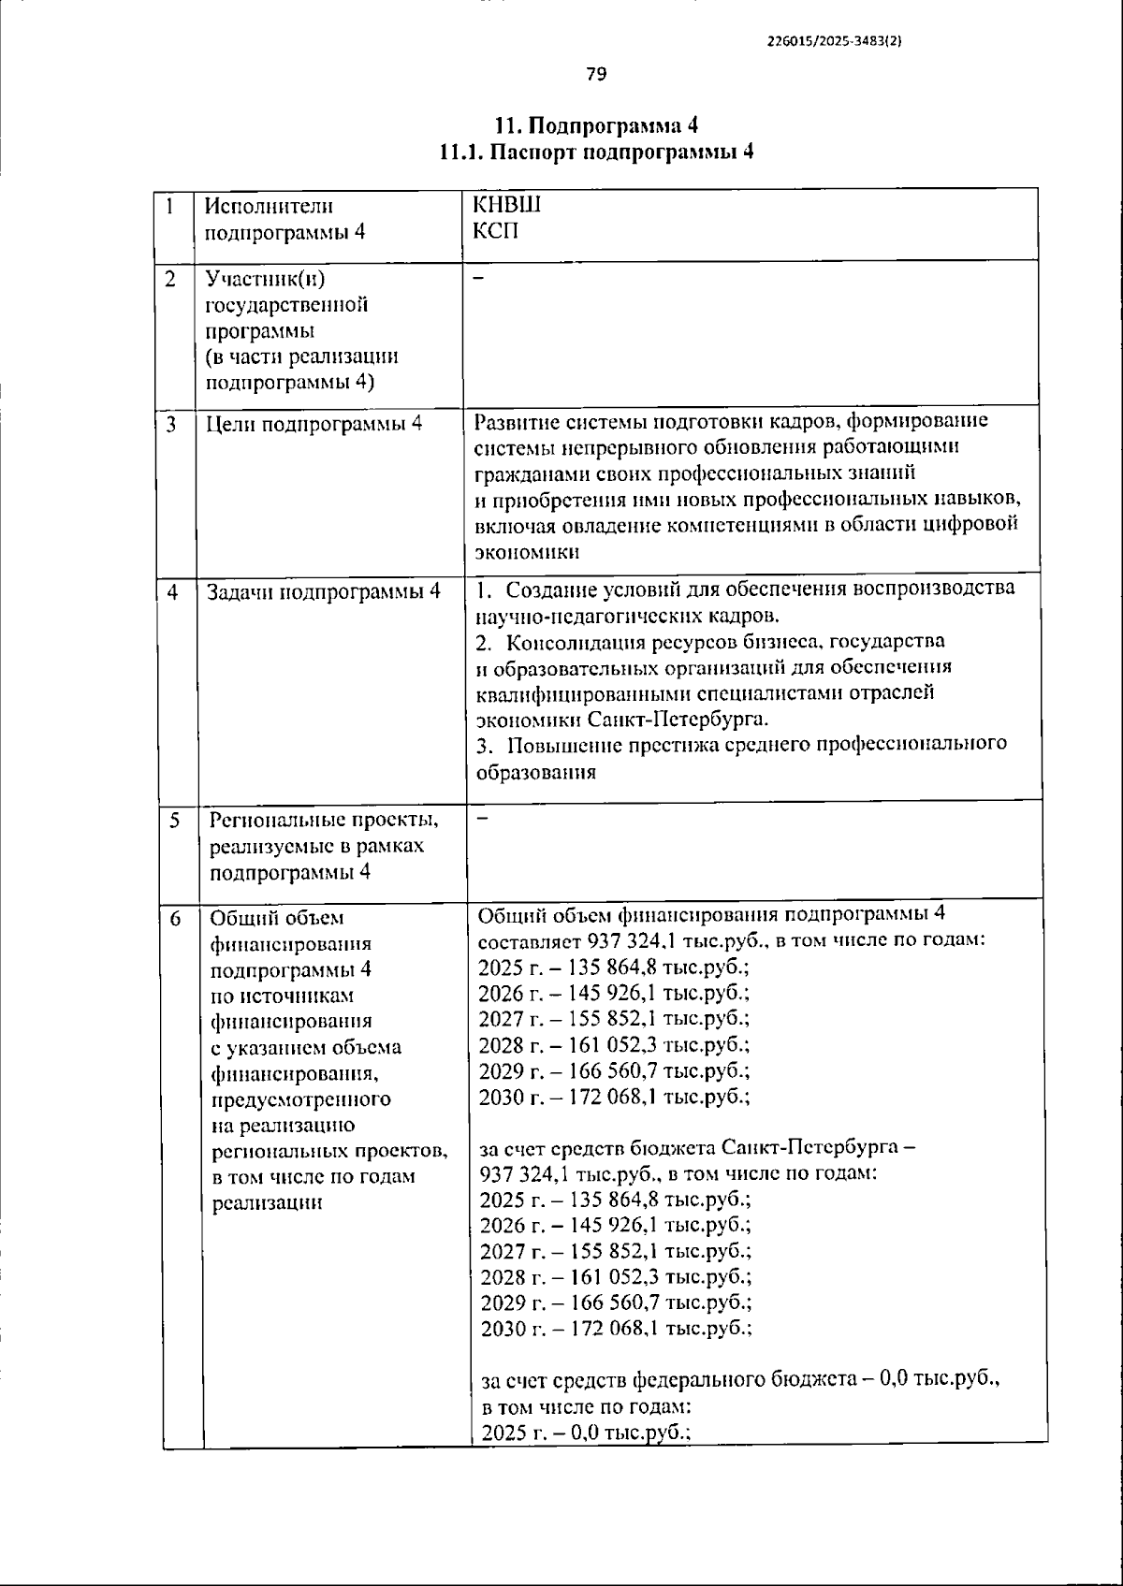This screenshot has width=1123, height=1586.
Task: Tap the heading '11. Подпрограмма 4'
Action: click(x=596, y=126)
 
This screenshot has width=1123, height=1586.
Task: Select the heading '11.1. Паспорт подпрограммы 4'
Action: click(x=596, y=153)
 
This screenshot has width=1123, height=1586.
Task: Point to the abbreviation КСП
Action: click(x=495, y=230)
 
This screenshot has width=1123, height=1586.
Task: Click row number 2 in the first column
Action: click(x=170, y=279)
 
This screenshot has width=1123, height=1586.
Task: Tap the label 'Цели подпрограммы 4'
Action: click(x=314, y=424)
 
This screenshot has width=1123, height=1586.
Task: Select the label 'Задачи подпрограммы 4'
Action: click(x=323, y=591)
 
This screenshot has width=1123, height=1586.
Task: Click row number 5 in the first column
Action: click(x=175, y=821)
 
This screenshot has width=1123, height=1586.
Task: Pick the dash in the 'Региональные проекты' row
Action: click(x=483, y=820)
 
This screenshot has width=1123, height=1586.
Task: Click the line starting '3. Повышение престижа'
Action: click(x=741, y=745)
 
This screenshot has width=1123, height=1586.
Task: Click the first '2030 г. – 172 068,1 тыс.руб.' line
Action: click(x=613, y=1097)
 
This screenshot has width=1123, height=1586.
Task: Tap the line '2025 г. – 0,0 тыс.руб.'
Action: click(x=585, y=1432)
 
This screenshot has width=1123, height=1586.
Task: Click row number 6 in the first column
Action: click(x=175, y=919)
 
